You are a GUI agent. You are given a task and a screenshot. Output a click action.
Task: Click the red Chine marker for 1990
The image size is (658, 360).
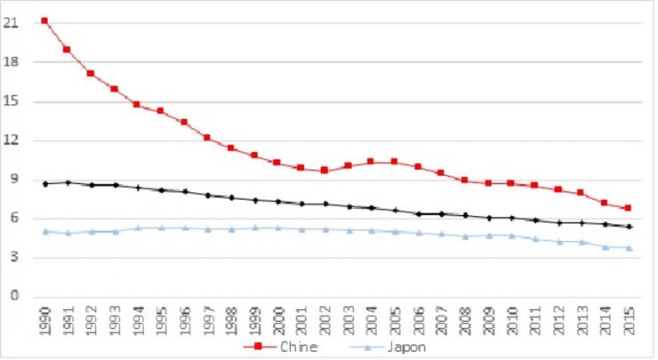(x=44, y=20)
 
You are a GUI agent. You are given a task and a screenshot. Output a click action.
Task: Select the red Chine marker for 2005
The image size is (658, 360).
(x=394, y=162)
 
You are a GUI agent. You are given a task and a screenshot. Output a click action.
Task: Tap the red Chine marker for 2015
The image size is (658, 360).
(x=628, y=208)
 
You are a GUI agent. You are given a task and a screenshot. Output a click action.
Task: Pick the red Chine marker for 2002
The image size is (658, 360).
(x=324, y=170)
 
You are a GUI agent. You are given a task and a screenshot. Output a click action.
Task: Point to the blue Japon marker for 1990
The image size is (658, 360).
(x=44, y=231)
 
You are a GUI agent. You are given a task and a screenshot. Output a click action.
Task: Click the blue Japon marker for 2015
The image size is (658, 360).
(x=628, y=248)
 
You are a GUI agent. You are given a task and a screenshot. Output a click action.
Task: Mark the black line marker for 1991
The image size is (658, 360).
(x=68, y=182)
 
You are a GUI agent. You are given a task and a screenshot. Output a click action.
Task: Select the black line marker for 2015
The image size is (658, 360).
(x=628, y=227)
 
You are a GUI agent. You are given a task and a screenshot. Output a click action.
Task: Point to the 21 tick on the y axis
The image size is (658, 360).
(x=12, y=24)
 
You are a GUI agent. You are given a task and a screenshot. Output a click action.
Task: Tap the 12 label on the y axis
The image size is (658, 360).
(x=12, y=140)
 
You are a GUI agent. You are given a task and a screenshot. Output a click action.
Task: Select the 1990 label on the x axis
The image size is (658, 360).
(x=44, y=319)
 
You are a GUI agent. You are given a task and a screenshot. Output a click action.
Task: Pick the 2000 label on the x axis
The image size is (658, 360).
(x=277, y=319)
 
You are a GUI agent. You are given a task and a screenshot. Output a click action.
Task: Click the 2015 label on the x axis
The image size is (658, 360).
(x=628, y=319)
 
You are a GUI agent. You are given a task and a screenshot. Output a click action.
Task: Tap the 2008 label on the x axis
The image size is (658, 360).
(x=464, y=319)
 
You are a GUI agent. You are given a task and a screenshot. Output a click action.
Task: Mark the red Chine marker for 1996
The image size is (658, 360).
(x=184, y=122)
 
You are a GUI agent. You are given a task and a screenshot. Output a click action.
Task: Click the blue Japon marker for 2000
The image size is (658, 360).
(x=277, y=228)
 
